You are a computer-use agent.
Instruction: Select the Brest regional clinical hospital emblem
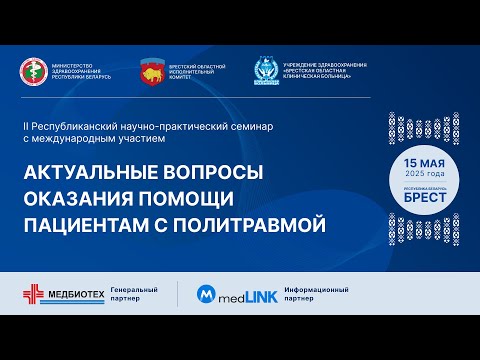pos(267,71)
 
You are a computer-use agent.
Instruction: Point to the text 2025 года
pos(421,174)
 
